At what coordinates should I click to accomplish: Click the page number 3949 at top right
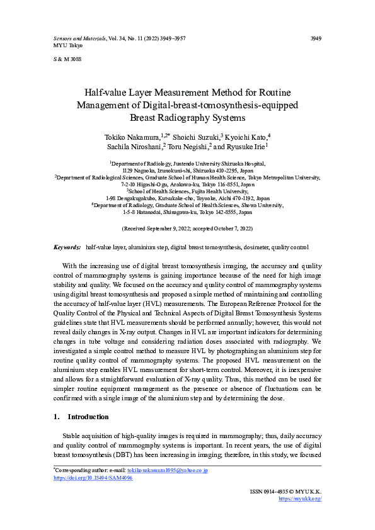click(316, 38)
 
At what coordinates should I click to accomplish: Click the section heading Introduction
click(88, 417)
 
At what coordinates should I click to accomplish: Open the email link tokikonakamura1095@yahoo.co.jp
click(167, 470)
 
